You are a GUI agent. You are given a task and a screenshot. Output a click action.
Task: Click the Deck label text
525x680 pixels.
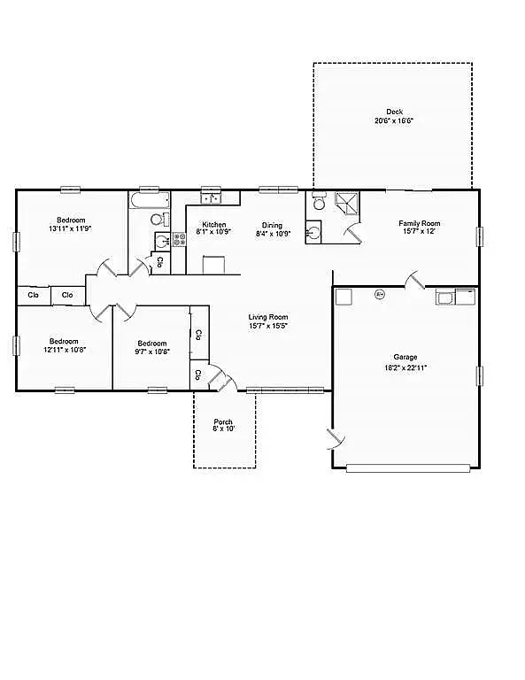click(394, 112)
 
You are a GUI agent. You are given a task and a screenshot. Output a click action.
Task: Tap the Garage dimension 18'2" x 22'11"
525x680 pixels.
click(405, 367)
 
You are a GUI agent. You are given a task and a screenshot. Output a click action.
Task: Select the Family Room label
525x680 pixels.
click(419, 223)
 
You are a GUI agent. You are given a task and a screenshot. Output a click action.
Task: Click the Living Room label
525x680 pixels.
click(267, 317)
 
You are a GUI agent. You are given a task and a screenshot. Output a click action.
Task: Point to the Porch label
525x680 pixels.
click(224, 421)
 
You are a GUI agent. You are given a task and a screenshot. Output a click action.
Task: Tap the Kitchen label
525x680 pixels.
click(213, 225)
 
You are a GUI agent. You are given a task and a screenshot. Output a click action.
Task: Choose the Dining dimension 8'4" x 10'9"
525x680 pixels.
click(272, 234)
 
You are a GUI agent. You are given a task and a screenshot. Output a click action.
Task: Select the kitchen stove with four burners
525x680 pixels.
click(163, 242)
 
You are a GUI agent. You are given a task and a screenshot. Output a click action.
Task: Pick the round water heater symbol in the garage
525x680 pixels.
click(380, 294)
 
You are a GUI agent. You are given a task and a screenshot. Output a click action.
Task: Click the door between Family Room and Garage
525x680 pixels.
click(414, 281)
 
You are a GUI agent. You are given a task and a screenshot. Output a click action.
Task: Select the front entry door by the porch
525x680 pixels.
click(220, 378)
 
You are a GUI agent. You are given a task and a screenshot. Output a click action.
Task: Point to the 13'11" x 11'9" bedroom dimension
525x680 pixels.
click(71, 228)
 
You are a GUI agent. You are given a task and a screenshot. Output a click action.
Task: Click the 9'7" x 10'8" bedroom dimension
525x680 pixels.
click(152, 351)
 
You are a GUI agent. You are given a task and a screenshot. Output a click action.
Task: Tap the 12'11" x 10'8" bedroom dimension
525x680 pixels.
click(64, 350)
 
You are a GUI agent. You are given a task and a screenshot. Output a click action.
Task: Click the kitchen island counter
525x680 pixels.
click(214, 265)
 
